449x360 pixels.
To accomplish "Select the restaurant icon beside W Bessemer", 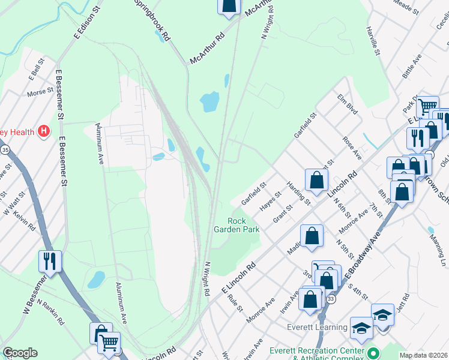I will coord(49,261).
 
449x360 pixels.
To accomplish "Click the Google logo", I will coord(20,353).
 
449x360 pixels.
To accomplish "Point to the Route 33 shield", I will coord(331,298).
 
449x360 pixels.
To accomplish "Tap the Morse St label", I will coord(40,94).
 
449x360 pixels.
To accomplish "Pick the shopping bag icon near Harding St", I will coord(316,179).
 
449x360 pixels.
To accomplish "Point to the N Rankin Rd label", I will coord(51,311).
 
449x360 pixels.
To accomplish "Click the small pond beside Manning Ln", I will coord(431,230).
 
